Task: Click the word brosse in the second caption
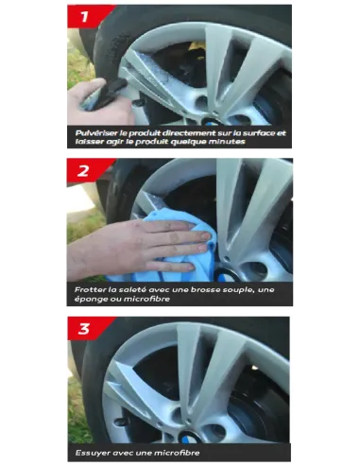coord(205,289)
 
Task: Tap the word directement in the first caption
coord(186,133)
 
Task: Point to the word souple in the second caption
coord(239,289)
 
